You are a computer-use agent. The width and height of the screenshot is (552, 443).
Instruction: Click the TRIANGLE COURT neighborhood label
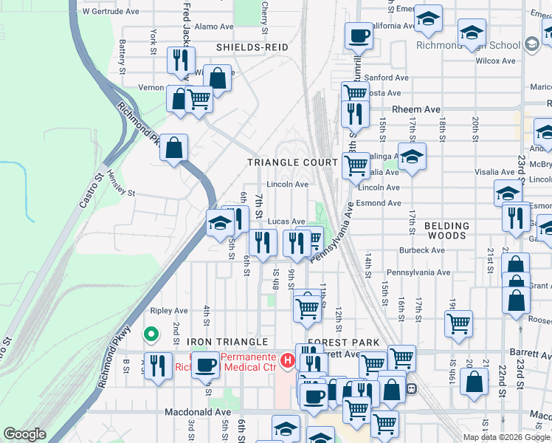point(292,162)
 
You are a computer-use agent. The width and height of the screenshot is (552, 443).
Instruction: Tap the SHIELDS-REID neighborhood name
point(252,47)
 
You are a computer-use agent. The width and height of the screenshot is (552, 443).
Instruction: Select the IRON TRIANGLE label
point(227,342)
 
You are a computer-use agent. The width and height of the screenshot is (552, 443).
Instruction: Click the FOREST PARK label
point(343,343)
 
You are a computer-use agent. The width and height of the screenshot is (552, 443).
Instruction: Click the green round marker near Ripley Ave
point(151,335)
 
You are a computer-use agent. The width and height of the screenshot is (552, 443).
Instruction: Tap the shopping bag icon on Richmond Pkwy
point(173,147)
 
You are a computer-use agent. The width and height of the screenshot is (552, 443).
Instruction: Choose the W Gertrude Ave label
point(111,12)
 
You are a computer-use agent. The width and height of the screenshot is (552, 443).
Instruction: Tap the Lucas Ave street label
point(286,221)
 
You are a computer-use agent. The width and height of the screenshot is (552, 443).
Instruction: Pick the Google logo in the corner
point(24,434)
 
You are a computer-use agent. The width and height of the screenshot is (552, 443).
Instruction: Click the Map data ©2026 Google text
point(506,437)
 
